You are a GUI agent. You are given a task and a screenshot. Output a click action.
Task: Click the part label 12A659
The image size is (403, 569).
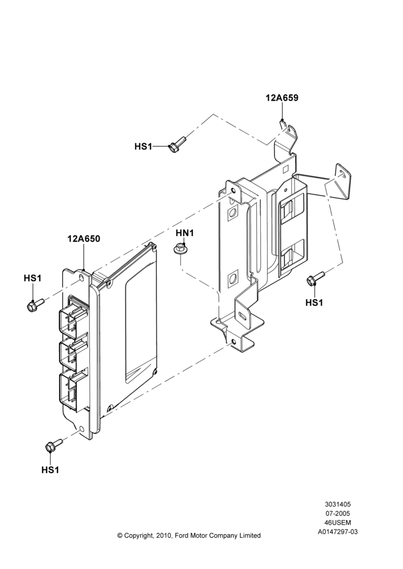[282, 98]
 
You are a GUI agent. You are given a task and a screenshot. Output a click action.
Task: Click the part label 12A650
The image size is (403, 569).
[84, 238]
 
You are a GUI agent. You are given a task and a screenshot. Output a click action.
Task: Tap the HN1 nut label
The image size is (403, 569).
[185, 233]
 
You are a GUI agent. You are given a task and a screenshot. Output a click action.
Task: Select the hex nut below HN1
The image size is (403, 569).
[179, 250]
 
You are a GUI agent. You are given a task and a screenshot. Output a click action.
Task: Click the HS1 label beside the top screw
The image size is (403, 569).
[143, 146]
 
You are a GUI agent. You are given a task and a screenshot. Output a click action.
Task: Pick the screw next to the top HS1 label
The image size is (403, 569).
[178, 143]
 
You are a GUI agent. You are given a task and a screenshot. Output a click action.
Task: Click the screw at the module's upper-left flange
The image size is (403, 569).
[35, 304]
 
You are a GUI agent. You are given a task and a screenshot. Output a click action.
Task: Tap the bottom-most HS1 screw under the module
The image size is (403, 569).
[54, 446]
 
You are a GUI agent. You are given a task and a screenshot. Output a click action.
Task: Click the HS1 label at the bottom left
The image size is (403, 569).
[50, 470]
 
